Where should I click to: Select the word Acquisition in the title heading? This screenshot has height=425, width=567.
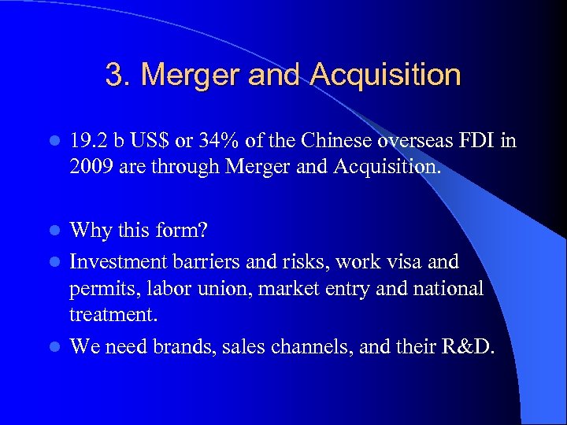pos(385,76)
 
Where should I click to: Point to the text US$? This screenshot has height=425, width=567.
pos(157,142)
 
